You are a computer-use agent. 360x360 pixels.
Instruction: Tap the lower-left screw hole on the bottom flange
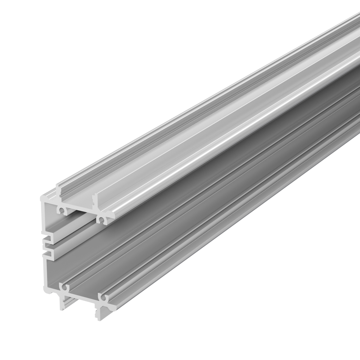pyautogui.click(x=63, y=288)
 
